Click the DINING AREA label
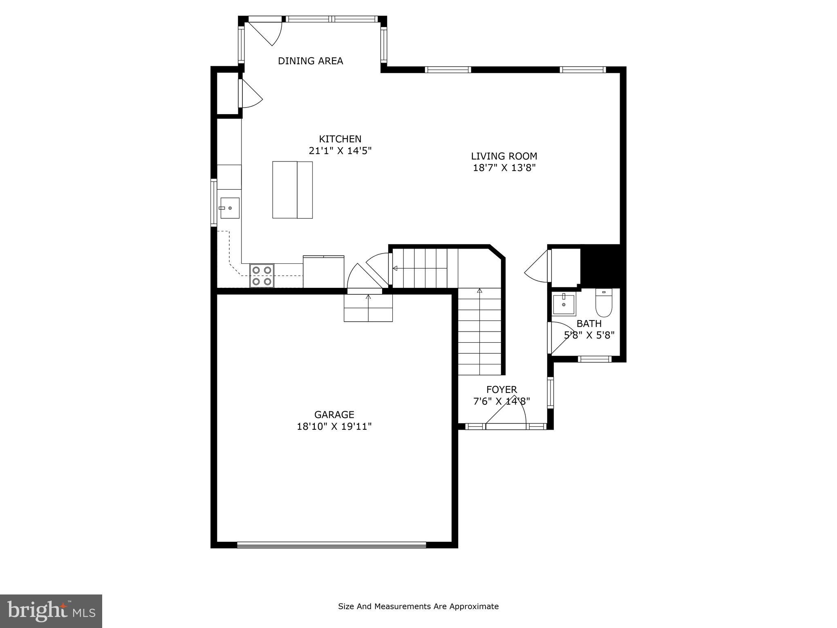click(310, 61)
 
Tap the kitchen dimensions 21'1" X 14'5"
click(340, 151)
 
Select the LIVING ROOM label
click(504, 156)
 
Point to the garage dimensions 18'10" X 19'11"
click(334, 426)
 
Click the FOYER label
click(501, 390)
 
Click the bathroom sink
click(564, 304)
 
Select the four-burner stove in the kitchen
click(262, 276)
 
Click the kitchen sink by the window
click(230, 208)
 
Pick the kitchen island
click(292, 190)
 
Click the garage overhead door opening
click(331, 545)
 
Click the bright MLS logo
click(51, 611)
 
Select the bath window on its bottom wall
click(595, 359)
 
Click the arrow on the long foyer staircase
click(479, 291)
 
